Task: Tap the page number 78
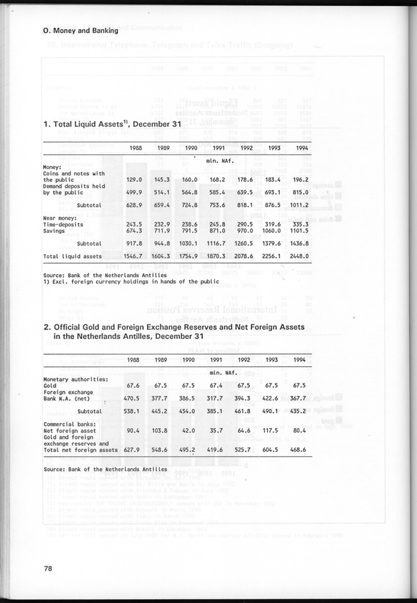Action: point(48,567)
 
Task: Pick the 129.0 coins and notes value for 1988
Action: point(135,179)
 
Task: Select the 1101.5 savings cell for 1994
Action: point(300,230)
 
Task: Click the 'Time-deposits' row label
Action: point(66,224)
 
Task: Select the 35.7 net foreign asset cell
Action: point(217,431)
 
